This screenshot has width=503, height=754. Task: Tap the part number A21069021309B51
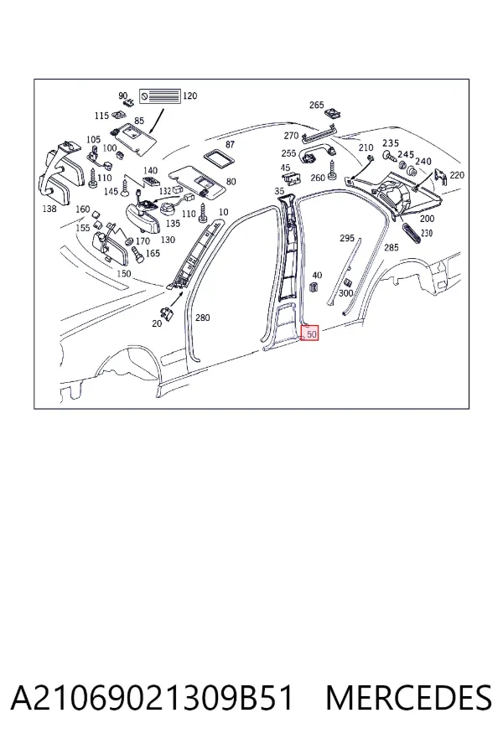point(152,698)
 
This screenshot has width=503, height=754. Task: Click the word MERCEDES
point(408,698)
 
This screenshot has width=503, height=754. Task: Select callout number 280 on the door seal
point(203,318)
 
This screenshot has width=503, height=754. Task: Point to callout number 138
point(49,209)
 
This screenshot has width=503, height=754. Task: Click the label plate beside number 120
point(160,96)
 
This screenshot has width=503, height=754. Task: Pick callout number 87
point(230,144)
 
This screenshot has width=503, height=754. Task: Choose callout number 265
point(317,105)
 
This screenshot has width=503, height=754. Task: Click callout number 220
point(457,175)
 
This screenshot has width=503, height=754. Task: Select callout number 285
point(392,247)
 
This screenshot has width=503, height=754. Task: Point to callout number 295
point(347,238)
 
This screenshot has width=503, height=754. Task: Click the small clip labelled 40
point(314,288)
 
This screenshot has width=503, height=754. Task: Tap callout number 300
point(346,293)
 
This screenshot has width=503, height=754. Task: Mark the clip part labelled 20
point(168,312)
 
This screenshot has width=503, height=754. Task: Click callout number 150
point(124,274)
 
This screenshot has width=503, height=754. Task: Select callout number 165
point(153,253)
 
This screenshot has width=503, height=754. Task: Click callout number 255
point(288,153)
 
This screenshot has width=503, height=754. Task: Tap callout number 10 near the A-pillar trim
point(223,212)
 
